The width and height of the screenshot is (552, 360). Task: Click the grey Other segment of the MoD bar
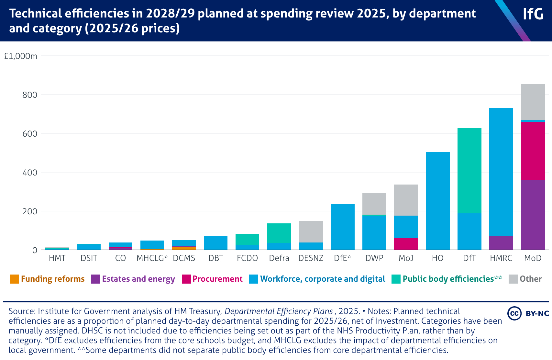(533, 102)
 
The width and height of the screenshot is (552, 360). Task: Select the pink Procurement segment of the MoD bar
(533, 151)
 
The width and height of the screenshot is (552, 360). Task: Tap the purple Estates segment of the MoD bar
(533, 215)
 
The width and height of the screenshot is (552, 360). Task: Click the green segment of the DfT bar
(469, 171)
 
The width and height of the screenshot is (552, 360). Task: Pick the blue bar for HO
(437, 201)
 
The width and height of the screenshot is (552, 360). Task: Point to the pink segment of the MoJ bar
(406, 244)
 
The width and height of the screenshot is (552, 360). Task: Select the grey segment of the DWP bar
(374, 204)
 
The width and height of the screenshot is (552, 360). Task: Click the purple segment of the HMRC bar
(501, 242)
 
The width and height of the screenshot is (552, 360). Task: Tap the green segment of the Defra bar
(279, 233)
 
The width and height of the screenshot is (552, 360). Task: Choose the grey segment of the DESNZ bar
(311, 231)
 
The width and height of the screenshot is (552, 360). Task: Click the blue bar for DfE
(342, 227)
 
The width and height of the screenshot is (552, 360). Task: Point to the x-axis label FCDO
(247, 258)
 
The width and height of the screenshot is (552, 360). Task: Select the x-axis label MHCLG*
(152, 258)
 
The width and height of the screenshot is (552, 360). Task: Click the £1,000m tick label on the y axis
(20, 56)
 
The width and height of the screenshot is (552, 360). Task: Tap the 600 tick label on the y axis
(30, 134)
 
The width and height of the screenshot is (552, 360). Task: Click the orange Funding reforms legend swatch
(14, 279)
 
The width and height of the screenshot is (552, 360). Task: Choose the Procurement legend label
(217, 279)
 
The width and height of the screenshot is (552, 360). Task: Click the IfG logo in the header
(533, 14)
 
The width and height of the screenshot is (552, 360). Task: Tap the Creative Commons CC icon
(514, 313)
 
